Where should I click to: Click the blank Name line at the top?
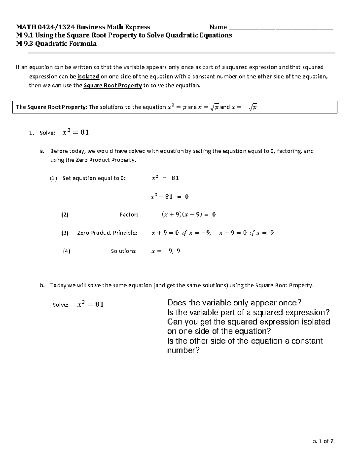tap(280, 28)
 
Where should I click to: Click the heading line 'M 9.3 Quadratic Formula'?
tap(56, 44)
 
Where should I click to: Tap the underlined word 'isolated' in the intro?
tap(88, 77)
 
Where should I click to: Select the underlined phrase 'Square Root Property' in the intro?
tap(112, 86)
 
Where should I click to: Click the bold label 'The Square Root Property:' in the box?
tap(51, 107)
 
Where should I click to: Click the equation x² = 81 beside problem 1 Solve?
tap(76, 132)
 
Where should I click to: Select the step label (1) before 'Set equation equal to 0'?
tap(53, 178)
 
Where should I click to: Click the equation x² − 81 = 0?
tap(169, 197)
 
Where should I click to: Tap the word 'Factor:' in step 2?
tap(129, 215)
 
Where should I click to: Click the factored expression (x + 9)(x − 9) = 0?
tap(188, 215)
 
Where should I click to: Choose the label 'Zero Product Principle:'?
tap(107, 233)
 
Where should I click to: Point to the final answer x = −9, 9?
tap(166, 251)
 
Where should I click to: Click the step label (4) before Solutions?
tap(67, 251)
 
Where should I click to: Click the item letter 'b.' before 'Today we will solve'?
tap(42, 285)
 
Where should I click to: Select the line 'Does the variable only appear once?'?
tap(234, 303)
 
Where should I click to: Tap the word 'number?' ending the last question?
tap(183, 350)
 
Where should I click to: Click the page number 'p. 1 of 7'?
tap(323, 441)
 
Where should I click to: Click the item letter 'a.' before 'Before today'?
tap(42, 151)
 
